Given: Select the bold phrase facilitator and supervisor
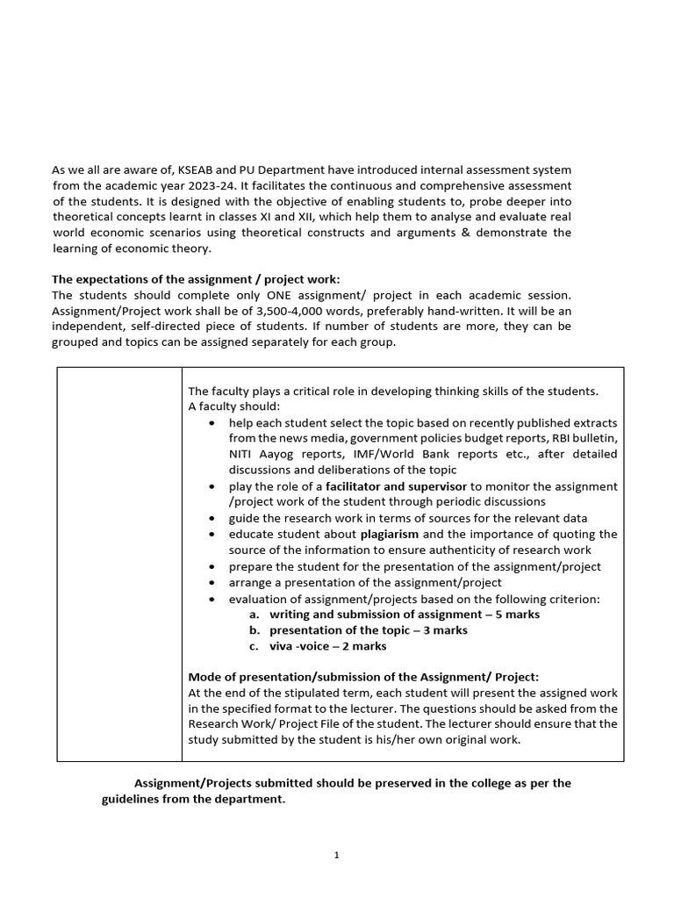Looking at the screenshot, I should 397,486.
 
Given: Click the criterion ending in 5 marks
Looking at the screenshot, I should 405,615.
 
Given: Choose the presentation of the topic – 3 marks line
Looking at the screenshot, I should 369,630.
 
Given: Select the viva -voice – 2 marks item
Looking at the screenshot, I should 328,646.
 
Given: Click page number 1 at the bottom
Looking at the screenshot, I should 337,855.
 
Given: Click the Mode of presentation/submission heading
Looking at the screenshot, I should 364,676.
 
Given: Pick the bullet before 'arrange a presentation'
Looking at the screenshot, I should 212,583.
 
